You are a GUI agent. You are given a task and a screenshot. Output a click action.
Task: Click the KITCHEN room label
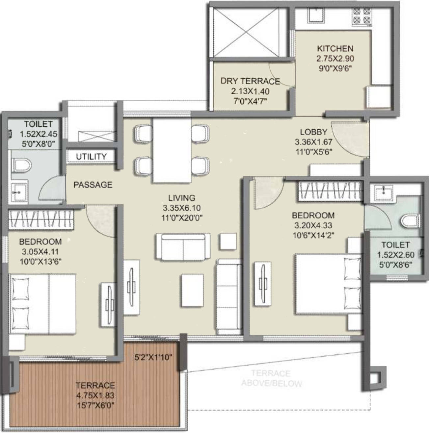335,49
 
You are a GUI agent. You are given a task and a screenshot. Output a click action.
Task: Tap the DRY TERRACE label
250,81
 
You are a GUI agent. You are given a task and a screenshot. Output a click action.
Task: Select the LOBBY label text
313,132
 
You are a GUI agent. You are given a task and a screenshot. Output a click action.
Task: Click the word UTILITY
91,157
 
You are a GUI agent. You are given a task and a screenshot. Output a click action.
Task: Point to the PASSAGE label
93,185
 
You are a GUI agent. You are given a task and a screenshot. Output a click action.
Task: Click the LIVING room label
182,198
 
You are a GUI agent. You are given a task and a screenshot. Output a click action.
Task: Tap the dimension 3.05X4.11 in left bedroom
40,252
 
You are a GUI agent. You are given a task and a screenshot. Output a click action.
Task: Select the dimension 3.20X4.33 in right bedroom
313,225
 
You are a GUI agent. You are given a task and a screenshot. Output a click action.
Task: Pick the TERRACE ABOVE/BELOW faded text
271,378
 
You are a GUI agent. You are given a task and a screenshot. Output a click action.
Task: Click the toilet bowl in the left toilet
21,164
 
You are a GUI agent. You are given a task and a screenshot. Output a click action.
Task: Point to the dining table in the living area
172,150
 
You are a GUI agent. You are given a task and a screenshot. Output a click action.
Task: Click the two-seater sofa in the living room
183,247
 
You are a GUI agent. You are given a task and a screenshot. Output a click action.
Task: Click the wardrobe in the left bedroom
40,219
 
